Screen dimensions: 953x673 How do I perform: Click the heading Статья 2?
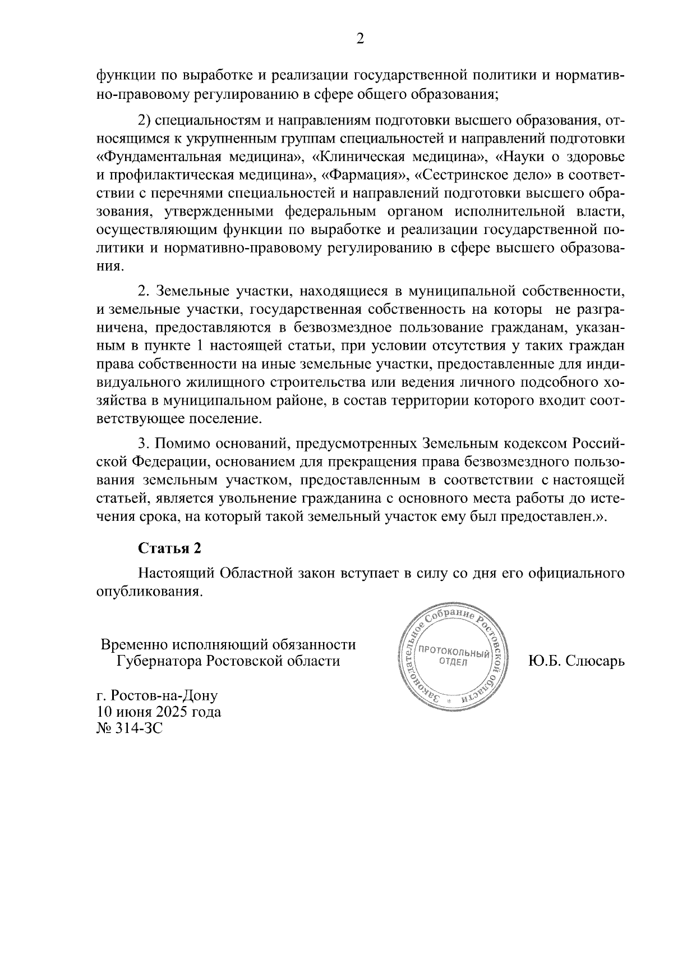click(169, 548)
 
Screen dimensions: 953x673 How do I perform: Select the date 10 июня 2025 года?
click(159, 712)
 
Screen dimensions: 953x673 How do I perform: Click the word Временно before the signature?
click(133, 644)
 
